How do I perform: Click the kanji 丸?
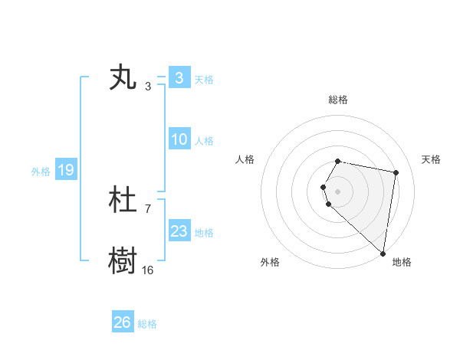click(x=123, y=78)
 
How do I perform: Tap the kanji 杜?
click(x=123, y=201)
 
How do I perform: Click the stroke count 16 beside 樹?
click(x=147, y=270)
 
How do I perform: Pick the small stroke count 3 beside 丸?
click(x=147, y=86)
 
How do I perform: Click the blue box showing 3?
click(x=179, y=78)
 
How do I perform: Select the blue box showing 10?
click(x=179, y=139)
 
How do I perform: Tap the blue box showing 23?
click(x=179, y=231)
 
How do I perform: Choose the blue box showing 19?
click(x=65, y=170)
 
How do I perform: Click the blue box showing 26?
click(x=122, y=322)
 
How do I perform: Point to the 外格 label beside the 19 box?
click(x=41, y=172)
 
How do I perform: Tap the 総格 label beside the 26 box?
click(x=147, y=324)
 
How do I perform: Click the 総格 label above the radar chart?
click(x=338, y=100)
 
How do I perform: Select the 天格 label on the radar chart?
click(x=431, y=159)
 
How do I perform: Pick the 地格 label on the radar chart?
click(x=402, y=262)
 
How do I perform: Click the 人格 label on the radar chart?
click(x=245, y=159)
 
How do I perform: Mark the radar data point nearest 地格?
click(x=383, y=253)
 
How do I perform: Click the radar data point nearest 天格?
click(x=396, y=173)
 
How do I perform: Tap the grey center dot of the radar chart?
click(x=338, y=191)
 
